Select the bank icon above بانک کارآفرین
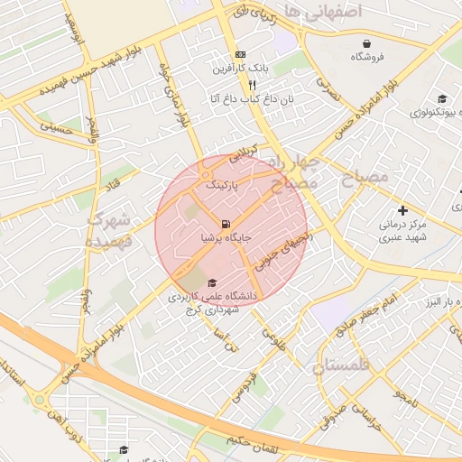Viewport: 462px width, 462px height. [240, 55]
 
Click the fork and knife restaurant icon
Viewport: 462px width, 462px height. [240, 84]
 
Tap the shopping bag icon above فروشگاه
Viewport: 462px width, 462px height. [367, 43]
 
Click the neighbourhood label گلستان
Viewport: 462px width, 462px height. [344, 366]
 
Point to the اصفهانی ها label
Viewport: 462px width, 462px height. [322, 11]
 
